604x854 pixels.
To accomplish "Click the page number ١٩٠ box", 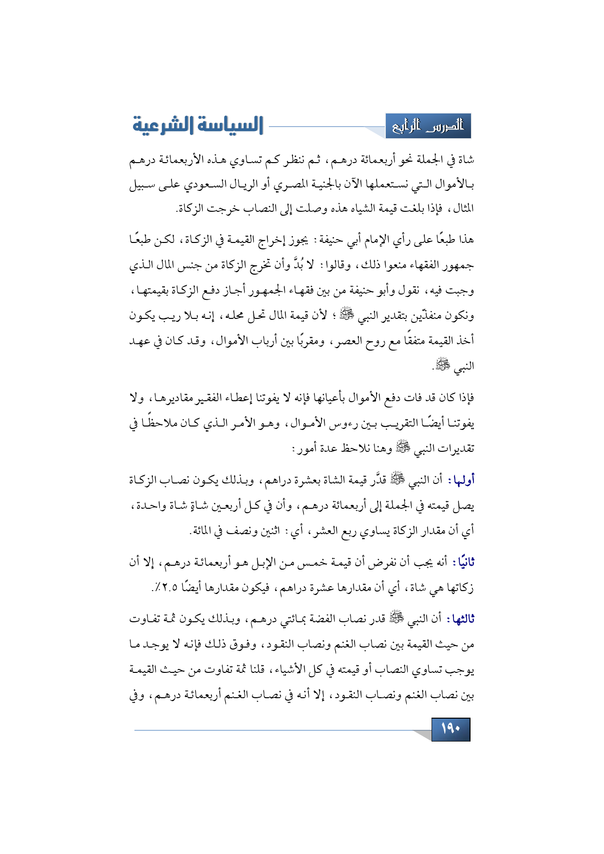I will (x=451, y=729).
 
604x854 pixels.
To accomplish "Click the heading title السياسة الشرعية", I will (x=198, y=126).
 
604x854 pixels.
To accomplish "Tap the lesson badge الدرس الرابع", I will (x=428, y=126).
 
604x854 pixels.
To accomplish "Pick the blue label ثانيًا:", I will (x=463, y=563).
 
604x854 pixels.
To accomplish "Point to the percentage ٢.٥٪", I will (x=163, y=587).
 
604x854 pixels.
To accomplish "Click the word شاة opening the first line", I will (x=466, y=160).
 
